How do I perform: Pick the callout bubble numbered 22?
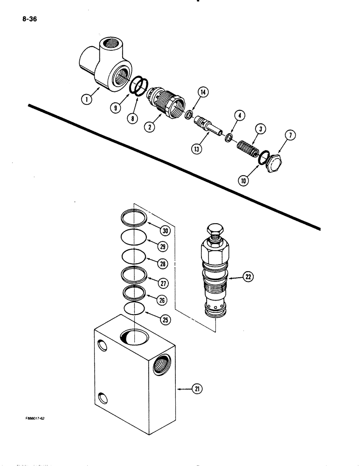click(x=247, y=278)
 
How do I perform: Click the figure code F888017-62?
click(x=36, y=418)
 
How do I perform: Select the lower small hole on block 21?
click(x=103, y=398)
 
